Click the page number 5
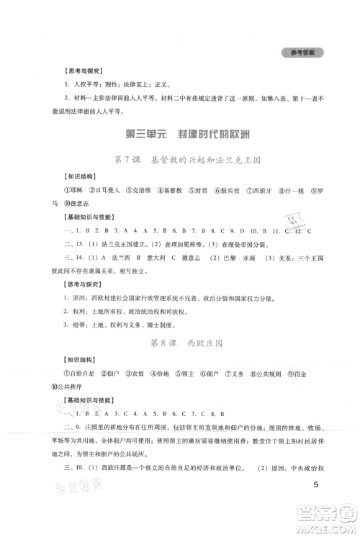(x=315, y=504)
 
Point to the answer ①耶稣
(x=72, y=191)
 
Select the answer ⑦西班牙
(x=260, y=191)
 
